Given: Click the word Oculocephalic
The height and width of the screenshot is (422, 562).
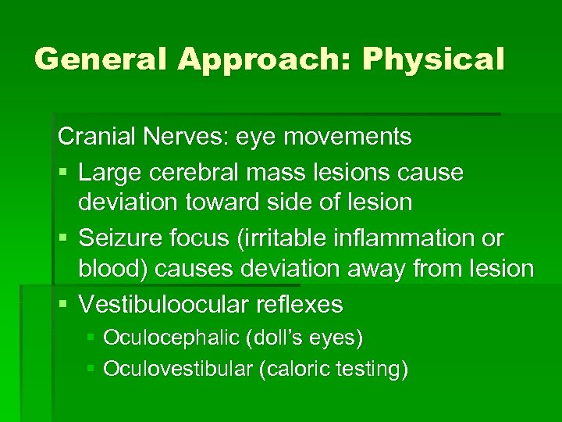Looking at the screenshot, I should [x=172, y=338].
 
